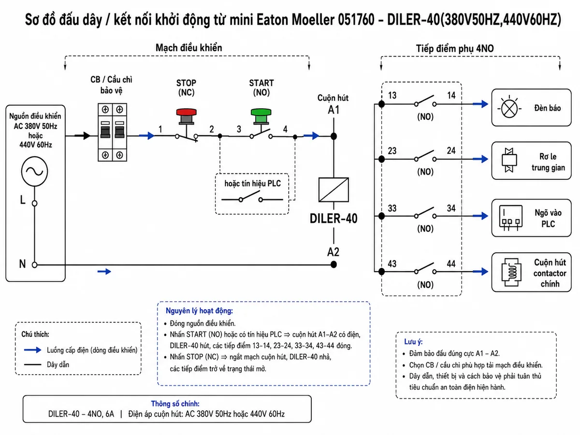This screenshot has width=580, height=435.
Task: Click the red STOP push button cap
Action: pos(186,112)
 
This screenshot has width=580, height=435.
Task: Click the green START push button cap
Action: pos(261,112)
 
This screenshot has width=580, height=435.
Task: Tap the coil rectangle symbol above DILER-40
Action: pos(333,189)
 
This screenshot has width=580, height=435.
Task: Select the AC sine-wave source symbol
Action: pos(35,172)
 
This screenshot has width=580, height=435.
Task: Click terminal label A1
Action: pos(333,110)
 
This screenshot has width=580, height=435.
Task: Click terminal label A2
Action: pos(333,252)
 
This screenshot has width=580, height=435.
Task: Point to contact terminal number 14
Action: pos(451,95)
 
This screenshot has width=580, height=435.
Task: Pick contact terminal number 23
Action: pos(392,151)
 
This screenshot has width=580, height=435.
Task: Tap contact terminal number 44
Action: pos(451,263)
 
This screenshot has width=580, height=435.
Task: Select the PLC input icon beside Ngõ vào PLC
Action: pos(511,218)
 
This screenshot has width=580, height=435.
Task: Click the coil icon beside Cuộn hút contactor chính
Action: pos(511,273)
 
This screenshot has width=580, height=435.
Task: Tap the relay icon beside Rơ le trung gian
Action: pos(509,160)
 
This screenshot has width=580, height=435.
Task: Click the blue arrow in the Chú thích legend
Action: pos(33,350)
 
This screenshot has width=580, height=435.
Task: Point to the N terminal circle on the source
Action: pos(35,265)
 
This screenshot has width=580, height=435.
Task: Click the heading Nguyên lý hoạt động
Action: pos(199,311)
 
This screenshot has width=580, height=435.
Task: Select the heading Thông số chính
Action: pos(175,404)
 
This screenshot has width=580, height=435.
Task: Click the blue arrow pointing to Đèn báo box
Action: pos(480,104)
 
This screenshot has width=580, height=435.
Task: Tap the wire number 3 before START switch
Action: pos(239,129)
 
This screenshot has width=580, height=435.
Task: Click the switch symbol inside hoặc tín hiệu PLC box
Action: pos(252,197)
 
